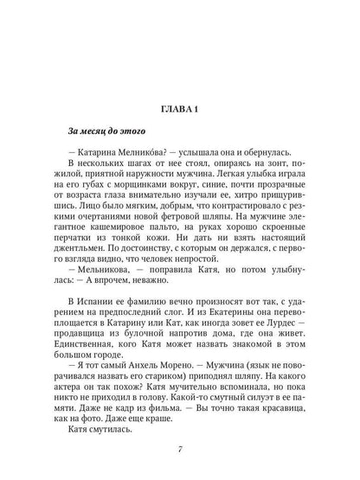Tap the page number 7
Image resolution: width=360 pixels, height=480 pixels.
click(180, 449)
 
